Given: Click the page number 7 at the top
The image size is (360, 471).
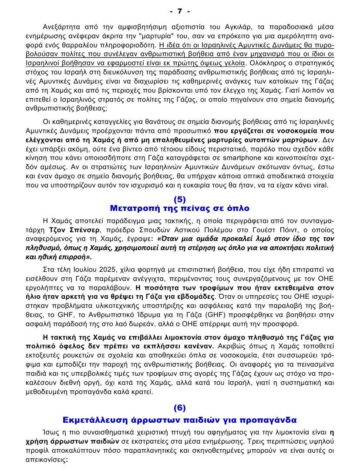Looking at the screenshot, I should (180, 10).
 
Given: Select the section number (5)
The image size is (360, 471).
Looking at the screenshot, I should (180, 200).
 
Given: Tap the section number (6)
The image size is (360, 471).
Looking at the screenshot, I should (180, 408).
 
